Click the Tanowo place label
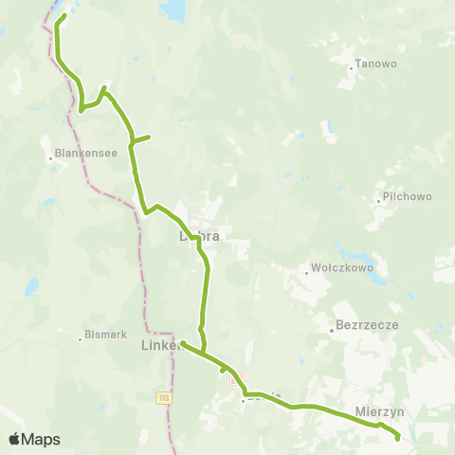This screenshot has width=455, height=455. [368, 66]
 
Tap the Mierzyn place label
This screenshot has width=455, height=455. [381, 412]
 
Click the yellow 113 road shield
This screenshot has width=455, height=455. [163, 398]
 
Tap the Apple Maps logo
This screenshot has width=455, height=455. [33, 440]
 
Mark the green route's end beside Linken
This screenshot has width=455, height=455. [182, 343]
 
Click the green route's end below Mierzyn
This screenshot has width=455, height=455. [397, 438]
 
